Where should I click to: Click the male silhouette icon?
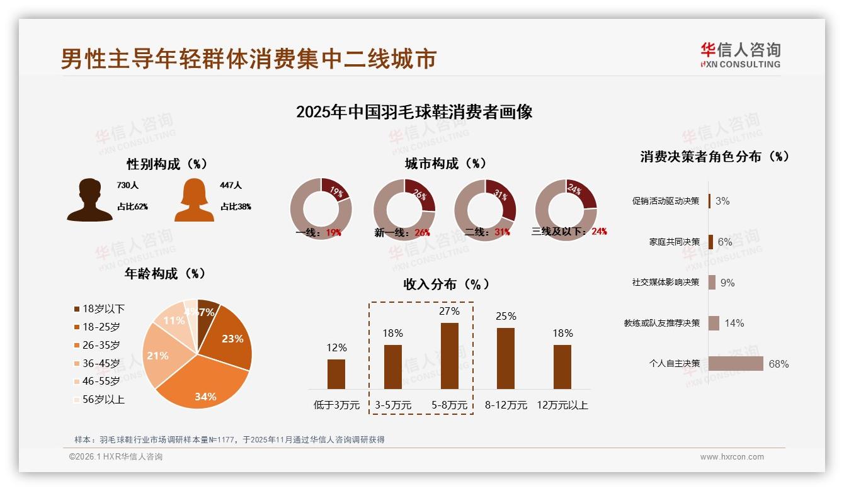click(x=89, y=200)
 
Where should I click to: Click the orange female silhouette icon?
click(x=194, y=200)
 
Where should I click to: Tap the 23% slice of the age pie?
click(x=230, y=341)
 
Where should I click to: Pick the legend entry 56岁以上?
click(x=99, y=399)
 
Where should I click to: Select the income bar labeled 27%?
click(x=450, y=356)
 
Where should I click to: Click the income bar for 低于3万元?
click(x=336, y=374)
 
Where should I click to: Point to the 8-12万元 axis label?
click(x=506, y=405)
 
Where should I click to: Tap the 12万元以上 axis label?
click(x=562, y=405)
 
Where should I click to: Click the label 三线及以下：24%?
click(x=569, y=232)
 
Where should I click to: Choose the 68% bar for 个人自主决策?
click(x=736, y=364)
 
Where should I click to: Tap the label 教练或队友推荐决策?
click(x=661, y=323)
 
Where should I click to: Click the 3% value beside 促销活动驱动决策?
click(x=722, y=201)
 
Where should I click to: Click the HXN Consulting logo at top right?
click(x=740, y=55)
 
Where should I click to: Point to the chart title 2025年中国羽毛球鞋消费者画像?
click(x=414, y=112)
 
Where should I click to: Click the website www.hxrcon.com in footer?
click(x=732, y=457)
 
